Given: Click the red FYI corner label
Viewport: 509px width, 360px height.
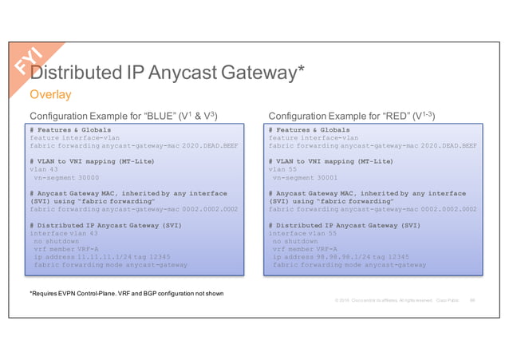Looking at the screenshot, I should (33, 61).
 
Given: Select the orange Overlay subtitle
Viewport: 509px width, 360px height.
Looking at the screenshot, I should (50, 96).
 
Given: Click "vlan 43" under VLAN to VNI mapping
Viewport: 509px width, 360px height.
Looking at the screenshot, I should (44, 169).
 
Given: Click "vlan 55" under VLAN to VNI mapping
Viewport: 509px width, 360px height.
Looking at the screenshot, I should (283, 169).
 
